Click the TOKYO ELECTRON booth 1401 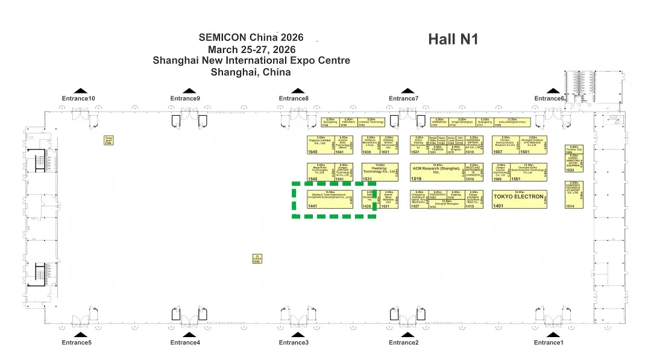518,199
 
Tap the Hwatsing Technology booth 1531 380,172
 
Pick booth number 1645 324,145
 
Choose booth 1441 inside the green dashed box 330,199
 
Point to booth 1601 533,145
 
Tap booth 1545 320,172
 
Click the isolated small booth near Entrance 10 108,141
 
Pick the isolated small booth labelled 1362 257,259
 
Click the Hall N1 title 453,39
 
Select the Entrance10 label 78,98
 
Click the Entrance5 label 77,343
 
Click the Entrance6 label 549,98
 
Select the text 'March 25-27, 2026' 251,49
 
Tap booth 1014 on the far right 574,195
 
